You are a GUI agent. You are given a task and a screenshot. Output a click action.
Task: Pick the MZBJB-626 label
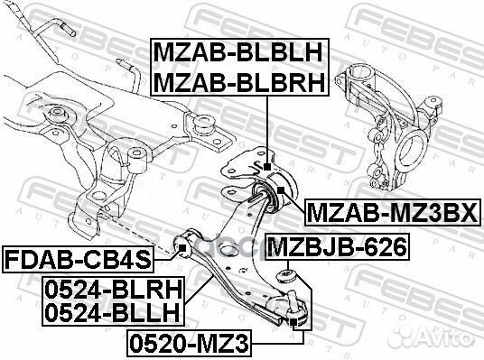[x=336, y=245]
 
